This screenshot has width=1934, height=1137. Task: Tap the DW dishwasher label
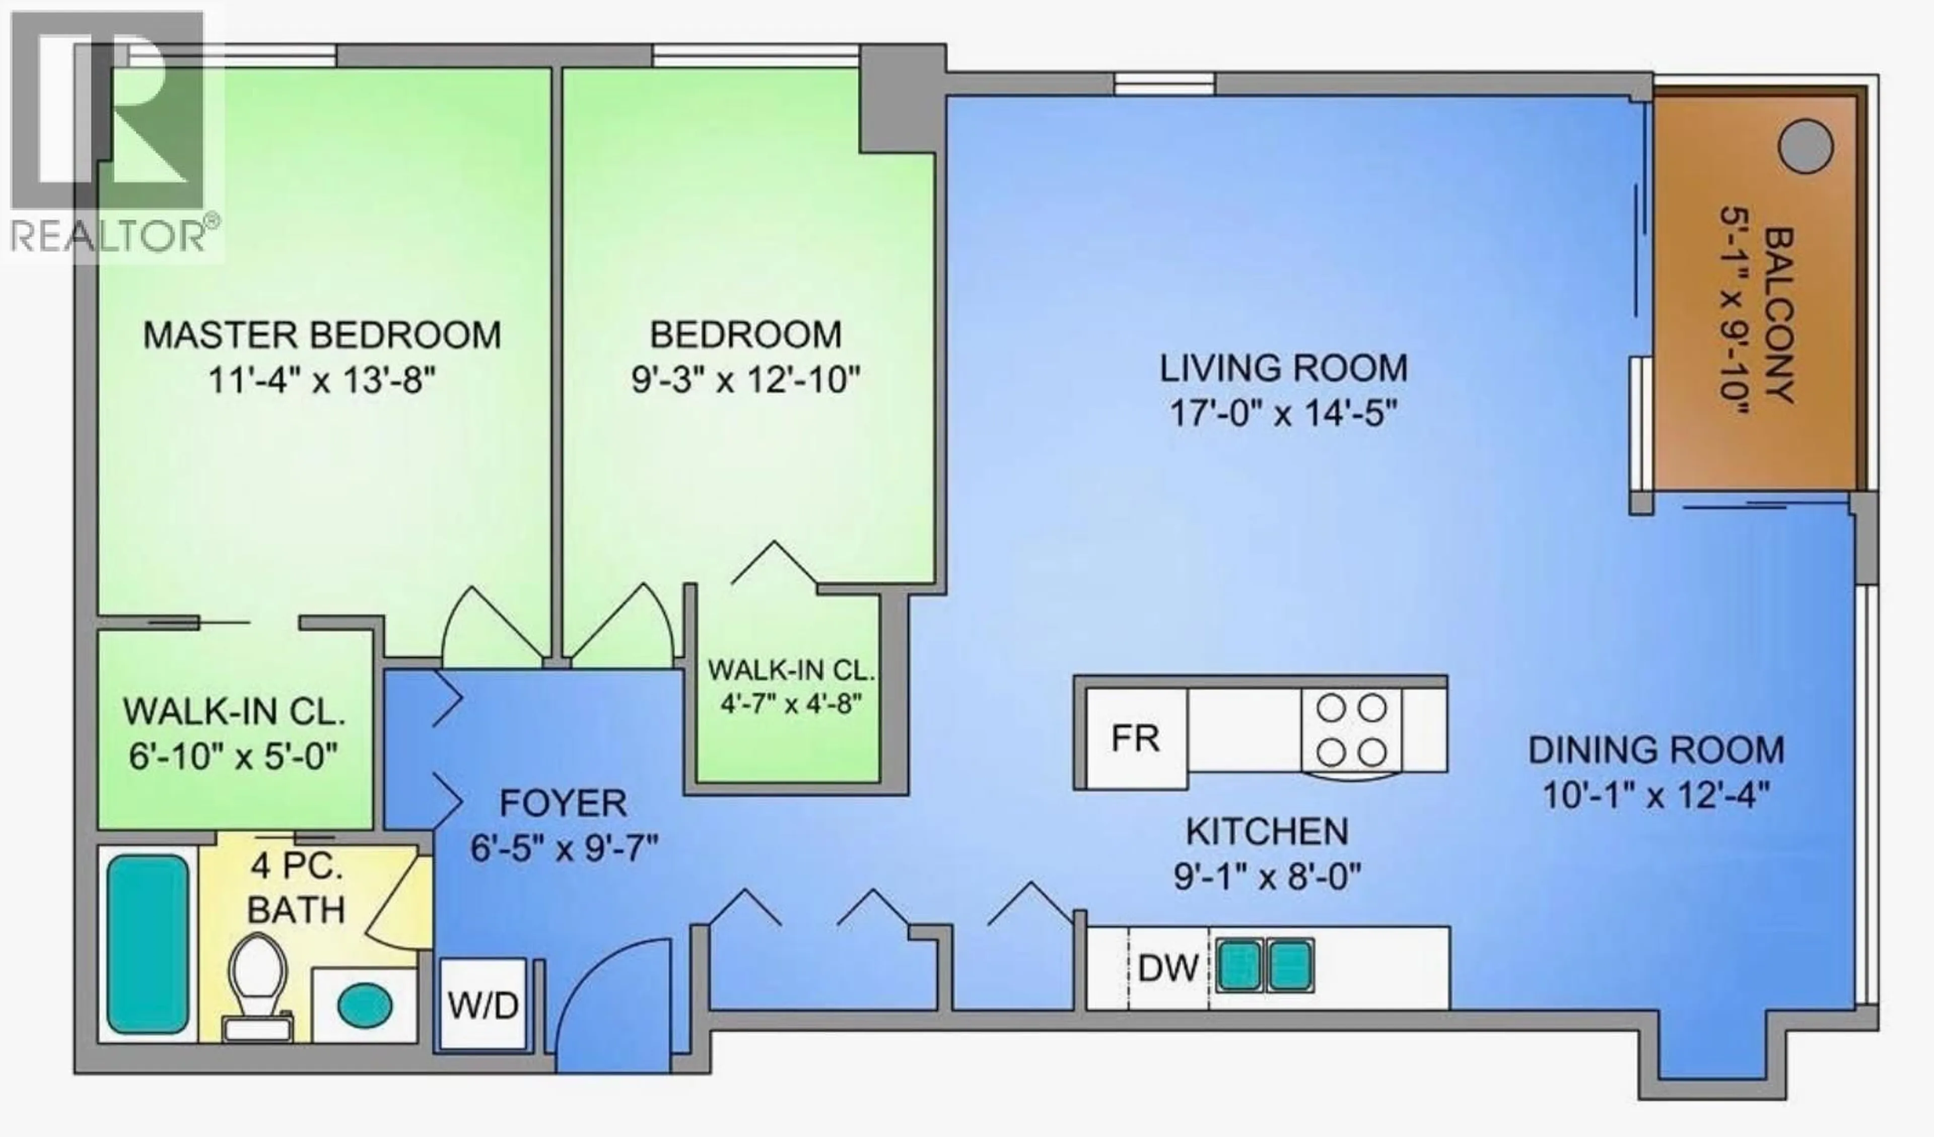pos(1168,969)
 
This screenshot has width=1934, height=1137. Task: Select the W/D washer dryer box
pos(482,1005)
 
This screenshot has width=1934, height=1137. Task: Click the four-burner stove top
pos(1351,730)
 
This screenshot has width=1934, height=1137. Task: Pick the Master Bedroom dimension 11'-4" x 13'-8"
pos(322,379)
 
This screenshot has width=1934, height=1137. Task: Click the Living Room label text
pos(1283,369)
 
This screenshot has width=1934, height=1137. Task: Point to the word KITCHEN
pos(1266,831)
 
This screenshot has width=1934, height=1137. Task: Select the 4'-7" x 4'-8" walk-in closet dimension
pos(791,704)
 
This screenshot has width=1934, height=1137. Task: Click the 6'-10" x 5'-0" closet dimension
pos(233,758)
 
